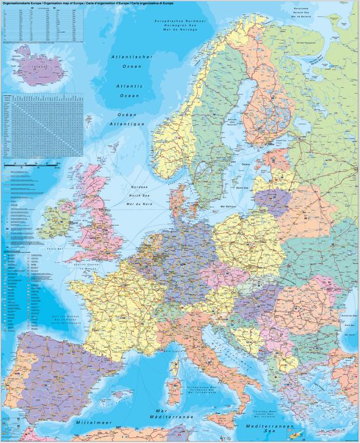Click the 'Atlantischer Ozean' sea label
coord(132,61)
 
